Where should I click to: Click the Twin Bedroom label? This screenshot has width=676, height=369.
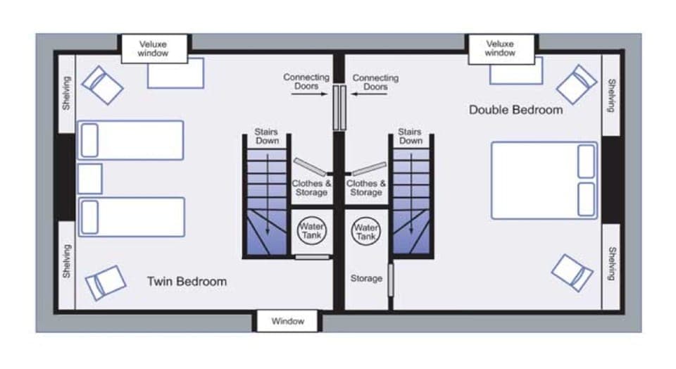[187, 282]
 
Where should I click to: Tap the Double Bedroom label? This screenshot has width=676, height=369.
[515, 110]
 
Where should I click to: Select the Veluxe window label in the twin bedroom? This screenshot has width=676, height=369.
[153, 49]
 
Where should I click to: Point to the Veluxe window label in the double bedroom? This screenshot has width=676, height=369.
[500, 49]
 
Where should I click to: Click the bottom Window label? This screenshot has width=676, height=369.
[288, 321]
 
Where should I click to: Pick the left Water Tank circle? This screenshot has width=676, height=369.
[311, 232]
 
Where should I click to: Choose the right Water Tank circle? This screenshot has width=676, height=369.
[366, 232]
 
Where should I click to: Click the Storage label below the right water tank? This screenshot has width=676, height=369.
[366, 279]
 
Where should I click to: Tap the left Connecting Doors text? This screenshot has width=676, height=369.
[306, 82]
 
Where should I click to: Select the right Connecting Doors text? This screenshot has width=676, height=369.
[375, 82]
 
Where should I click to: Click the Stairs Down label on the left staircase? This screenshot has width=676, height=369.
[267, 136]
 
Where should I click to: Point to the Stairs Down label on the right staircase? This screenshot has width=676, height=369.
[410, 136]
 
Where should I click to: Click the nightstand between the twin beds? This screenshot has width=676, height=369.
[90, 178]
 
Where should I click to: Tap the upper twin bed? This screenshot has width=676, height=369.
[131, 140]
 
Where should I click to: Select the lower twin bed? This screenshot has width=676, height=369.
[131, 217]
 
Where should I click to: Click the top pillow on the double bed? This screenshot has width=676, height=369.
[586, 161]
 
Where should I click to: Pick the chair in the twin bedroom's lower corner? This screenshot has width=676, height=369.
[106, 282]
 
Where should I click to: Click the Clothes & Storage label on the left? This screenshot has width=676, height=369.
[311, 188]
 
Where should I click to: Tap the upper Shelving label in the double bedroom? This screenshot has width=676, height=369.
[611, 94]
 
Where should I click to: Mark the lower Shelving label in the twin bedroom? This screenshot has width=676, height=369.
[66, 261]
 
